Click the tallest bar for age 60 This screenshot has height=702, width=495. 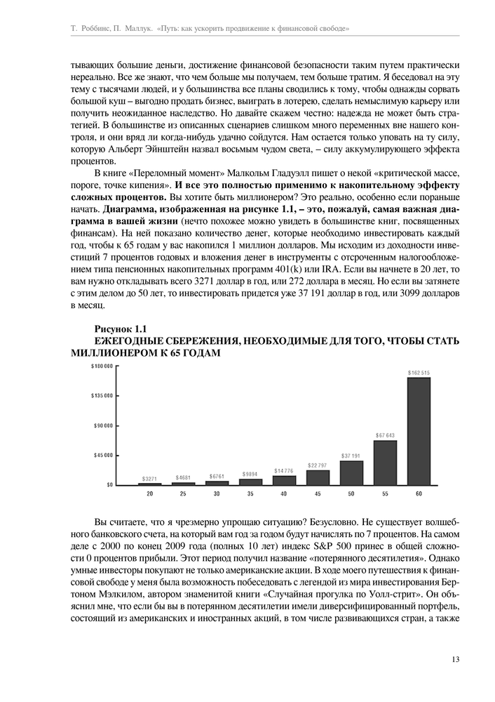click(419, 431)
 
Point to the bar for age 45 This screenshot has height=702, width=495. click(318, 477)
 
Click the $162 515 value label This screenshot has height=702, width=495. click(419, 372)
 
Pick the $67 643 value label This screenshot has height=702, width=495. click(385, 435)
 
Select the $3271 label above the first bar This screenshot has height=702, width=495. click(149, 479)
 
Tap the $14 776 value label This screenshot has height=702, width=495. click(284, 470)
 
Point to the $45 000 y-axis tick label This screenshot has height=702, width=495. click(104, 455)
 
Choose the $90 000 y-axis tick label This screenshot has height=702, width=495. click(104, 425)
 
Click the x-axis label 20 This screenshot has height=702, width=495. click(149, 495)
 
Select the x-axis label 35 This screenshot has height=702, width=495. click(250, 495)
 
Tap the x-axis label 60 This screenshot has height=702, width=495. click(419, 495)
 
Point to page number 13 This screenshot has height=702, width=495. click(456, 658)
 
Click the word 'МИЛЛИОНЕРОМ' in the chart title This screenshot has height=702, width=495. click(114, 352)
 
